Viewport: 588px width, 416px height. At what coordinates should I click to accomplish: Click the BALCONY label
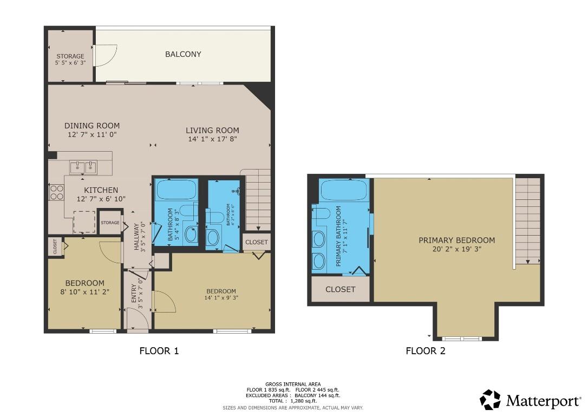[183, 54]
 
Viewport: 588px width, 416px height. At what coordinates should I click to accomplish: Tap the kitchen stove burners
[57, 192]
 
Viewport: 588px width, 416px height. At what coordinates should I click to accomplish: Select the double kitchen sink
[84, 168]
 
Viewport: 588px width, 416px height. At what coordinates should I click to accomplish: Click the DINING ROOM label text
[92, 126]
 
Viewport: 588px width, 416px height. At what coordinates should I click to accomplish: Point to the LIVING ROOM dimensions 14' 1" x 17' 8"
[212, 139]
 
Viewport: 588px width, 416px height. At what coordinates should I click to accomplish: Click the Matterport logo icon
[490, 400]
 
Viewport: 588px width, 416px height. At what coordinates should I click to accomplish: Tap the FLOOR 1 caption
[159, 351]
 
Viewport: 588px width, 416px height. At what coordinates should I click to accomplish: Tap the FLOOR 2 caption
[426, 351]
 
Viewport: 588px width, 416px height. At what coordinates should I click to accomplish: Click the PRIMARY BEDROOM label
[456, 240]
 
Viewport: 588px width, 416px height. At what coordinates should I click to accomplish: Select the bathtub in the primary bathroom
[344, 191]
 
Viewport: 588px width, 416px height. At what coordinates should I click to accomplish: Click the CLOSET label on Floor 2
[340, 289]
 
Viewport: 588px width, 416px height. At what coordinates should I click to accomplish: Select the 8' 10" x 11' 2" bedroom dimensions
[85, 291]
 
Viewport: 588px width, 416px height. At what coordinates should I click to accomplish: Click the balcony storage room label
[70, 56]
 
